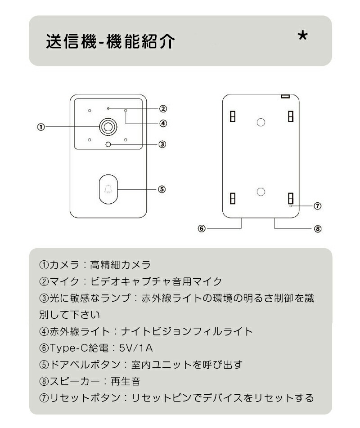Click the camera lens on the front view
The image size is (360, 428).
click(108, 127)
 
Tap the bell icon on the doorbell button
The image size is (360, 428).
click(108, 189)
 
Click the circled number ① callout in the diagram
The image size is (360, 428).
click(40, 127)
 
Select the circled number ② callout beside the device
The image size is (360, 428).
click(163, 109)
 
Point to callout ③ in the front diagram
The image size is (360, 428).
click(162, 144)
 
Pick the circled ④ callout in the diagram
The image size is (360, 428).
click(163, 123)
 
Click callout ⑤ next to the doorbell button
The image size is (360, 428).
click(162, 189)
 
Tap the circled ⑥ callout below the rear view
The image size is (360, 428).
click(202, 228)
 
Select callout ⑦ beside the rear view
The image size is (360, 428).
click(317, 206)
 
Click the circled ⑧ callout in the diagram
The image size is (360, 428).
click(317, 229)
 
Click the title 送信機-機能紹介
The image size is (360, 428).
click(110, 41)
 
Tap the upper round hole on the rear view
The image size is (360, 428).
click(261, 122)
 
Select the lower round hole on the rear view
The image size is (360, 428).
click(261, 192)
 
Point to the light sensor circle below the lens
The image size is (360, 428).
click(108, 144)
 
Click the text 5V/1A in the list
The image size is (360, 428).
click(136, 348)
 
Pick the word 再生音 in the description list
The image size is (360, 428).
click(126, 381)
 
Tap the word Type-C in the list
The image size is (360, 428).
click(68, 348)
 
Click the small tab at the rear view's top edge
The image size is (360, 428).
click(285, 96)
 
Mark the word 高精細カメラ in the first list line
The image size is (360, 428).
click(121, 265)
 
